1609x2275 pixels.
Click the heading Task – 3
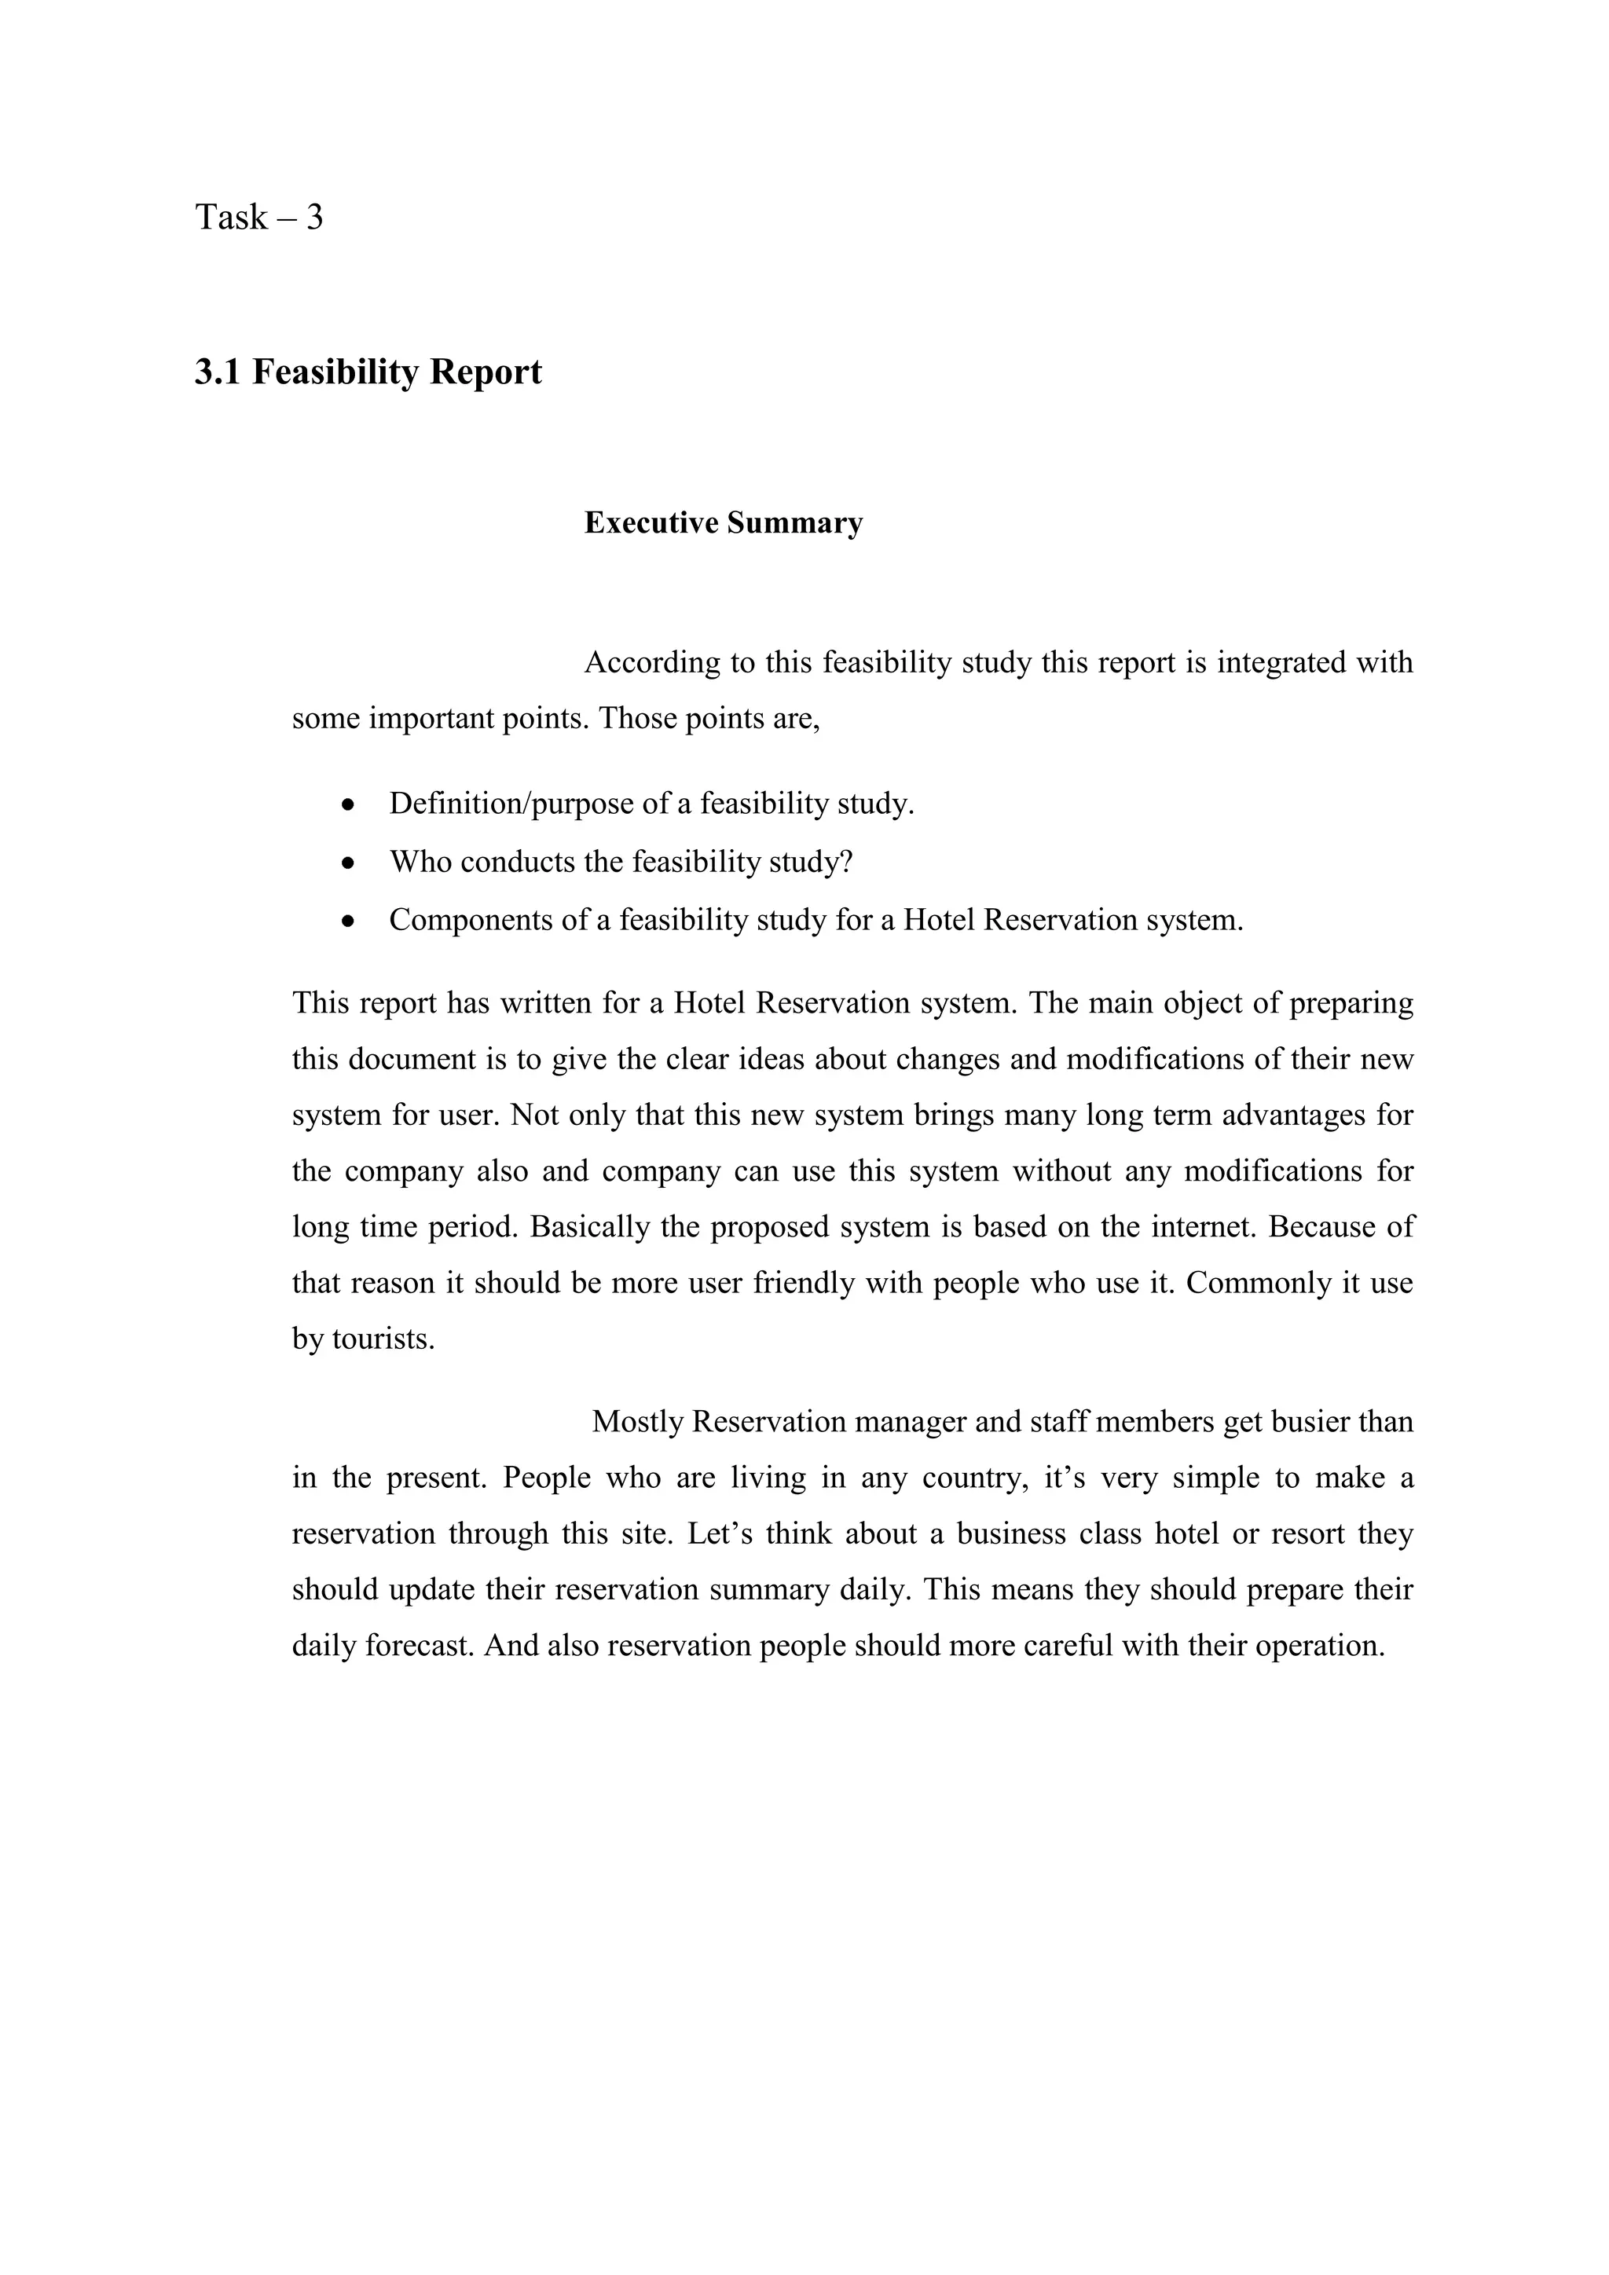click(258, 217)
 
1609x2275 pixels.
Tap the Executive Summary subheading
click(724, 523)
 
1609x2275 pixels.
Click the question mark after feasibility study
click(846, 862)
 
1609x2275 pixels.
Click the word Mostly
click(637, 1422)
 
